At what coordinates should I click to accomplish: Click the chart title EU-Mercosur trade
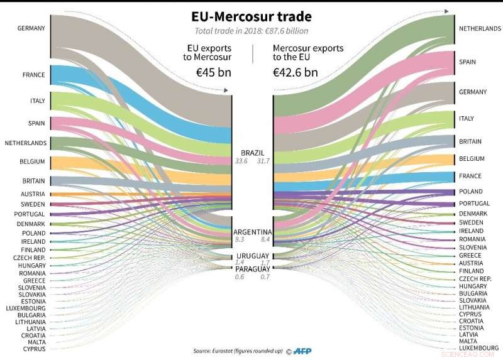[251, 14]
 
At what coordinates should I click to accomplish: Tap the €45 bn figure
[214, 72]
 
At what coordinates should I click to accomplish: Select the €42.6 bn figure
[295, 72]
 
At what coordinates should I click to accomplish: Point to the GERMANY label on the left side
[31, 28]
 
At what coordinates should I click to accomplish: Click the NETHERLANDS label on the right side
[480, 29]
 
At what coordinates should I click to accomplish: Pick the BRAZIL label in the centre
[252, 153]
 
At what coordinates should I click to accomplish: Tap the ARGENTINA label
[251, 231]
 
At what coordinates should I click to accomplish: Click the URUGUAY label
[253, 256]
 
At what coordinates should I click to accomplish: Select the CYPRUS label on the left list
[34, 348]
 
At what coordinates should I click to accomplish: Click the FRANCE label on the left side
[34, 75]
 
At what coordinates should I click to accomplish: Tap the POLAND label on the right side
[471, 191]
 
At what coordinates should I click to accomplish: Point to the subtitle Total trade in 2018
[251, 30]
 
